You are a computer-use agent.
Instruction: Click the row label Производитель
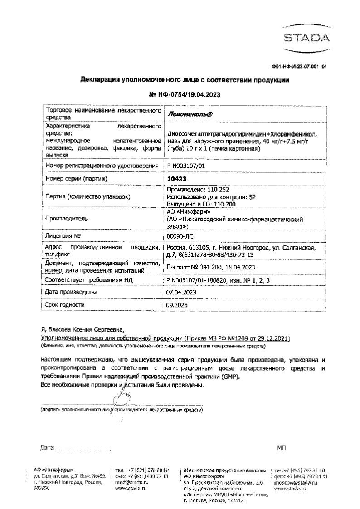(64, 218)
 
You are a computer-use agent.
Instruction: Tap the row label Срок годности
(65, 305)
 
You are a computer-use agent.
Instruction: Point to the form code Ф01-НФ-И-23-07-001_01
(299, 66)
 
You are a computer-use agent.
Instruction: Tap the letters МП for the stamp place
(281, 448)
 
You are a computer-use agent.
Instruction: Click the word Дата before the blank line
(47, 448)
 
